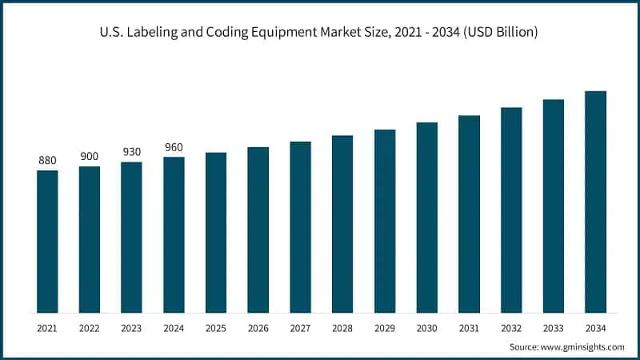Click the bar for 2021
coord(47,241)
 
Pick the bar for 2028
coord(342,224)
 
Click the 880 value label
coord(47,161)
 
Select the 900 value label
coord(90,156)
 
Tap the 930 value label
coord(131,152)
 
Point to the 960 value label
coord(174,147)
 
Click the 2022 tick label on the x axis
coord(90,328)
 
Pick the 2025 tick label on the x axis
coord(216,328)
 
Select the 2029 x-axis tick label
coord(385,328)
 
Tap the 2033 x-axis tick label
coord(554,328)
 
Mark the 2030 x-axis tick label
coord(426,328)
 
